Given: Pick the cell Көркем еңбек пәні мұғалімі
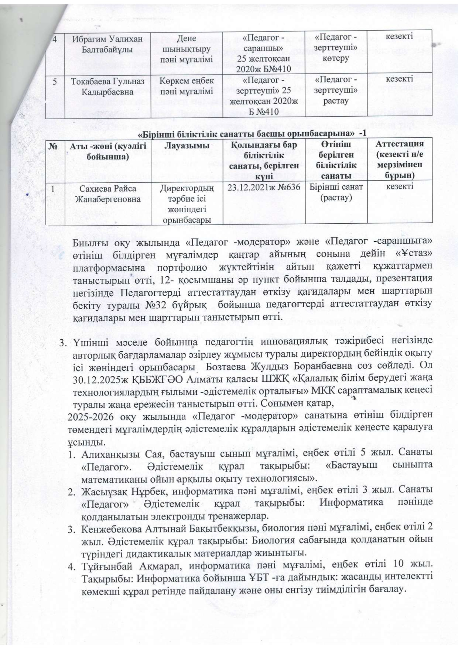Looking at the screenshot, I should [184, 86].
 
